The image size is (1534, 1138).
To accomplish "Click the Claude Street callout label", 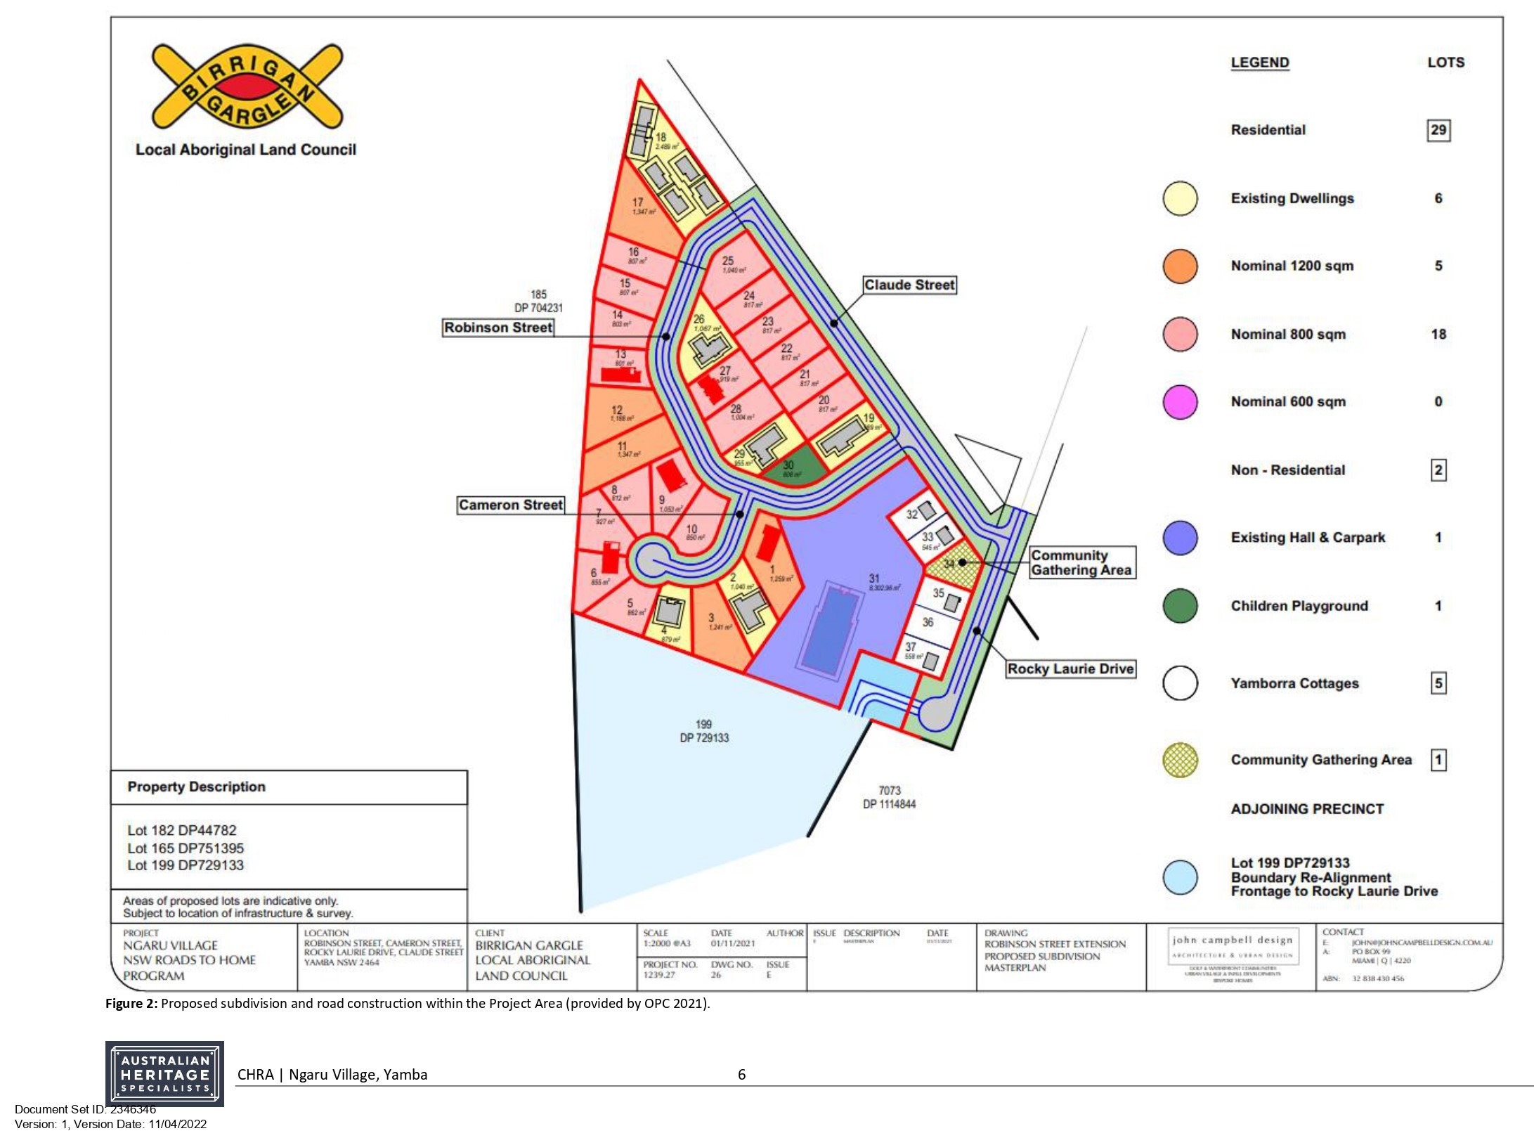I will pyautogui.click(x=909, y=285).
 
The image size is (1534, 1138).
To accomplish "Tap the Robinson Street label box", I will pyautogui.click(x=498, y=328).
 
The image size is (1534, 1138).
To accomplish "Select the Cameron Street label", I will pyautogui.click(x=510, y=505).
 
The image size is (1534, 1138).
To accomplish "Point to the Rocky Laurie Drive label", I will pyautogui.click(x=1070, y=668).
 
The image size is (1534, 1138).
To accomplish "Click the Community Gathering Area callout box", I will pyautogui.click(x=1081, y=562).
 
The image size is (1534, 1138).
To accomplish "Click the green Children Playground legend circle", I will pyautogui.click(x=1180, y=606).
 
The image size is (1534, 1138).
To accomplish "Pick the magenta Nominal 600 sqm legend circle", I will pyautogui.click(x=1180, y=402).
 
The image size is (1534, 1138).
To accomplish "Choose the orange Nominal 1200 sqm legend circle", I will pyautogui.click(x=1180, y=266).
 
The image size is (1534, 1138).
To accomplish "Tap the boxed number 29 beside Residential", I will pyautogui.click(x=1438, y=130).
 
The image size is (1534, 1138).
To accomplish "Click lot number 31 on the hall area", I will pyautogui.click(x=874, y=578).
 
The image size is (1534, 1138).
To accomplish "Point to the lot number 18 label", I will pyautogui.click(x=661, y=137).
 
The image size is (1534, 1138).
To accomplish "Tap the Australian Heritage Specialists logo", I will pyautogui.click(x=164, y=1073).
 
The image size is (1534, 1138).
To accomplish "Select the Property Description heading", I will pyautogui.click(x=196, y=787).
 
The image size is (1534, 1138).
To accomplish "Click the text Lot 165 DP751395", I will pyautogui.click(x=186, y=848).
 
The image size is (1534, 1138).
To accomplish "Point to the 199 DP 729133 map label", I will pyautogui.click(x=704, y=731).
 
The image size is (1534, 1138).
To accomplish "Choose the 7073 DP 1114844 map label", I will pyautogui.click(x=889, y=797).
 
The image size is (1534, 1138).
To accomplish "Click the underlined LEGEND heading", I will pyautogui.click(x=1259, y=63).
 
